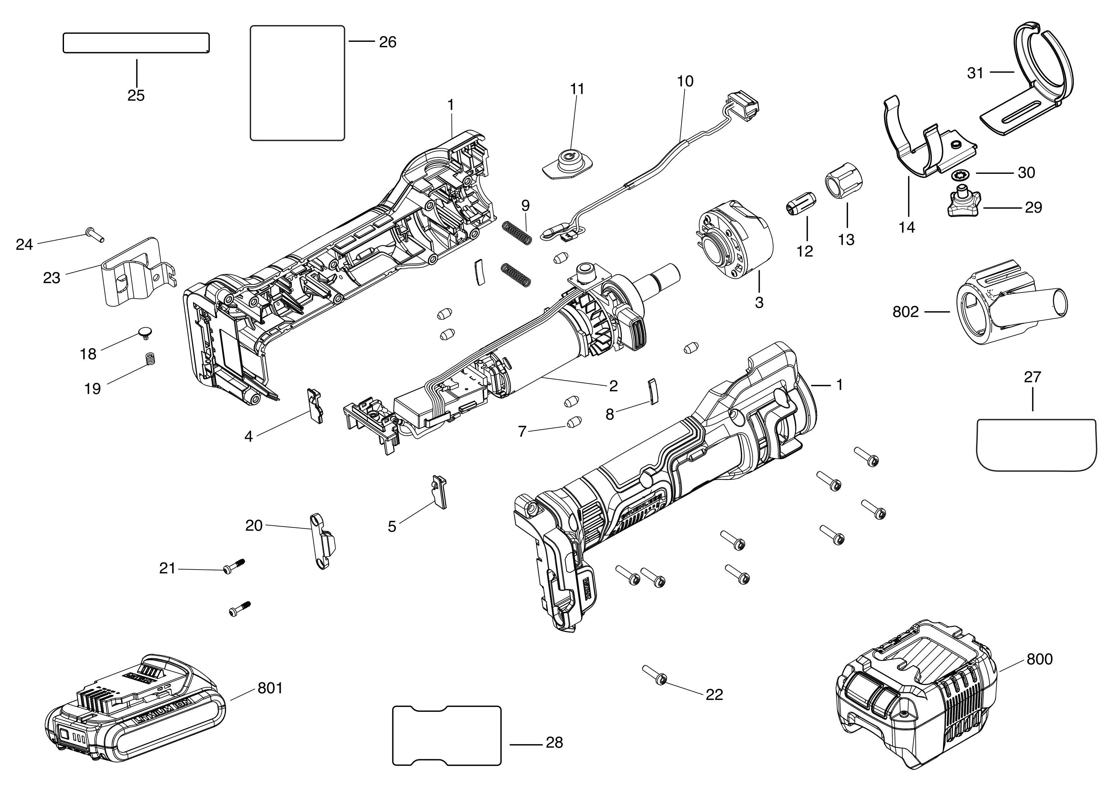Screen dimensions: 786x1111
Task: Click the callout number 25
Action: tap(136, 95)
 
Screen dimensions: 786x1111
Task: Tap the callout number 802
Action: tap(905, 312)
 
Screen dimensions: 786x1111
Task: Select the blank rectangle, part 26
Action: tap(297, 83)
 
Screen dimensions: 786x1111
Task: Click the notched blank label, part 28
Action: tap(446, 736)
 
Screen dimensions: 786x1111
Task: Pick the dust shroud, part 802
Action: tap(1006, 310)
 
